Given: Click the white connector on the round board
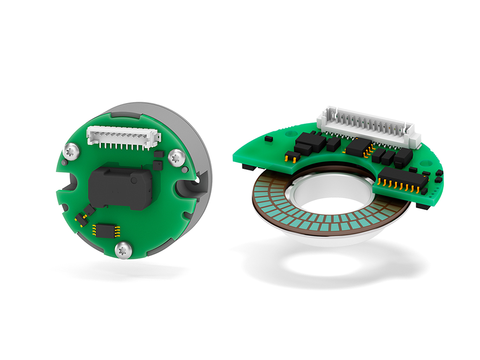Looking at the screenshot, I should (x=123, y=138).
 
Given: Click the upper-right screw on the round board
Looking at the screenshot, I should (x=175, y=157).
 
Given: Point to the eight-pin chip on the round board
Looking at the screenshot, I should (x=106, y=230).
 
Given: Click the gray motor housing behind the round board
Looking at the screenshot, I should (x=197, y=141).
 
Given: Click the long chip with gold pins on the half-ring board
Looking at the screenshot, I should (x=404, y=180).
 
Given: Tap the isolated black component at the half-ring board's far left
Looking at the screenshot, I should (x=268, y=139).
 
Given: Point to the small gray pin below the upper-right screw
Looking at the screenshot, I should (x=185, y=170).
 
